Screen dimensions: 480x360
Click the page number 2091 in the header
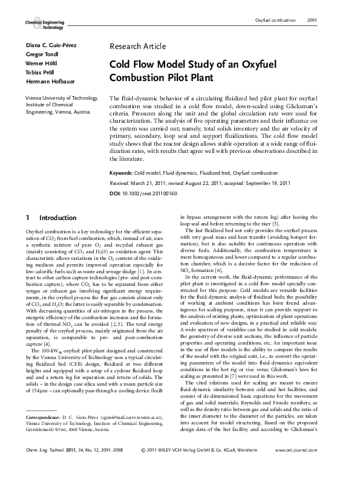[x=312, y=21]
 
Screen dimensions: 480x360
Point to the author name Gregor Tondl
[x=42, y=55]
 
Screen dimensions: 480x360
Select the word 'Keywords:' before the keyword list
[x=121, y=173]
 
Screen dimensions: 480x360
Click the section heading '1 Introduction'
[x=48, y=217]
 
